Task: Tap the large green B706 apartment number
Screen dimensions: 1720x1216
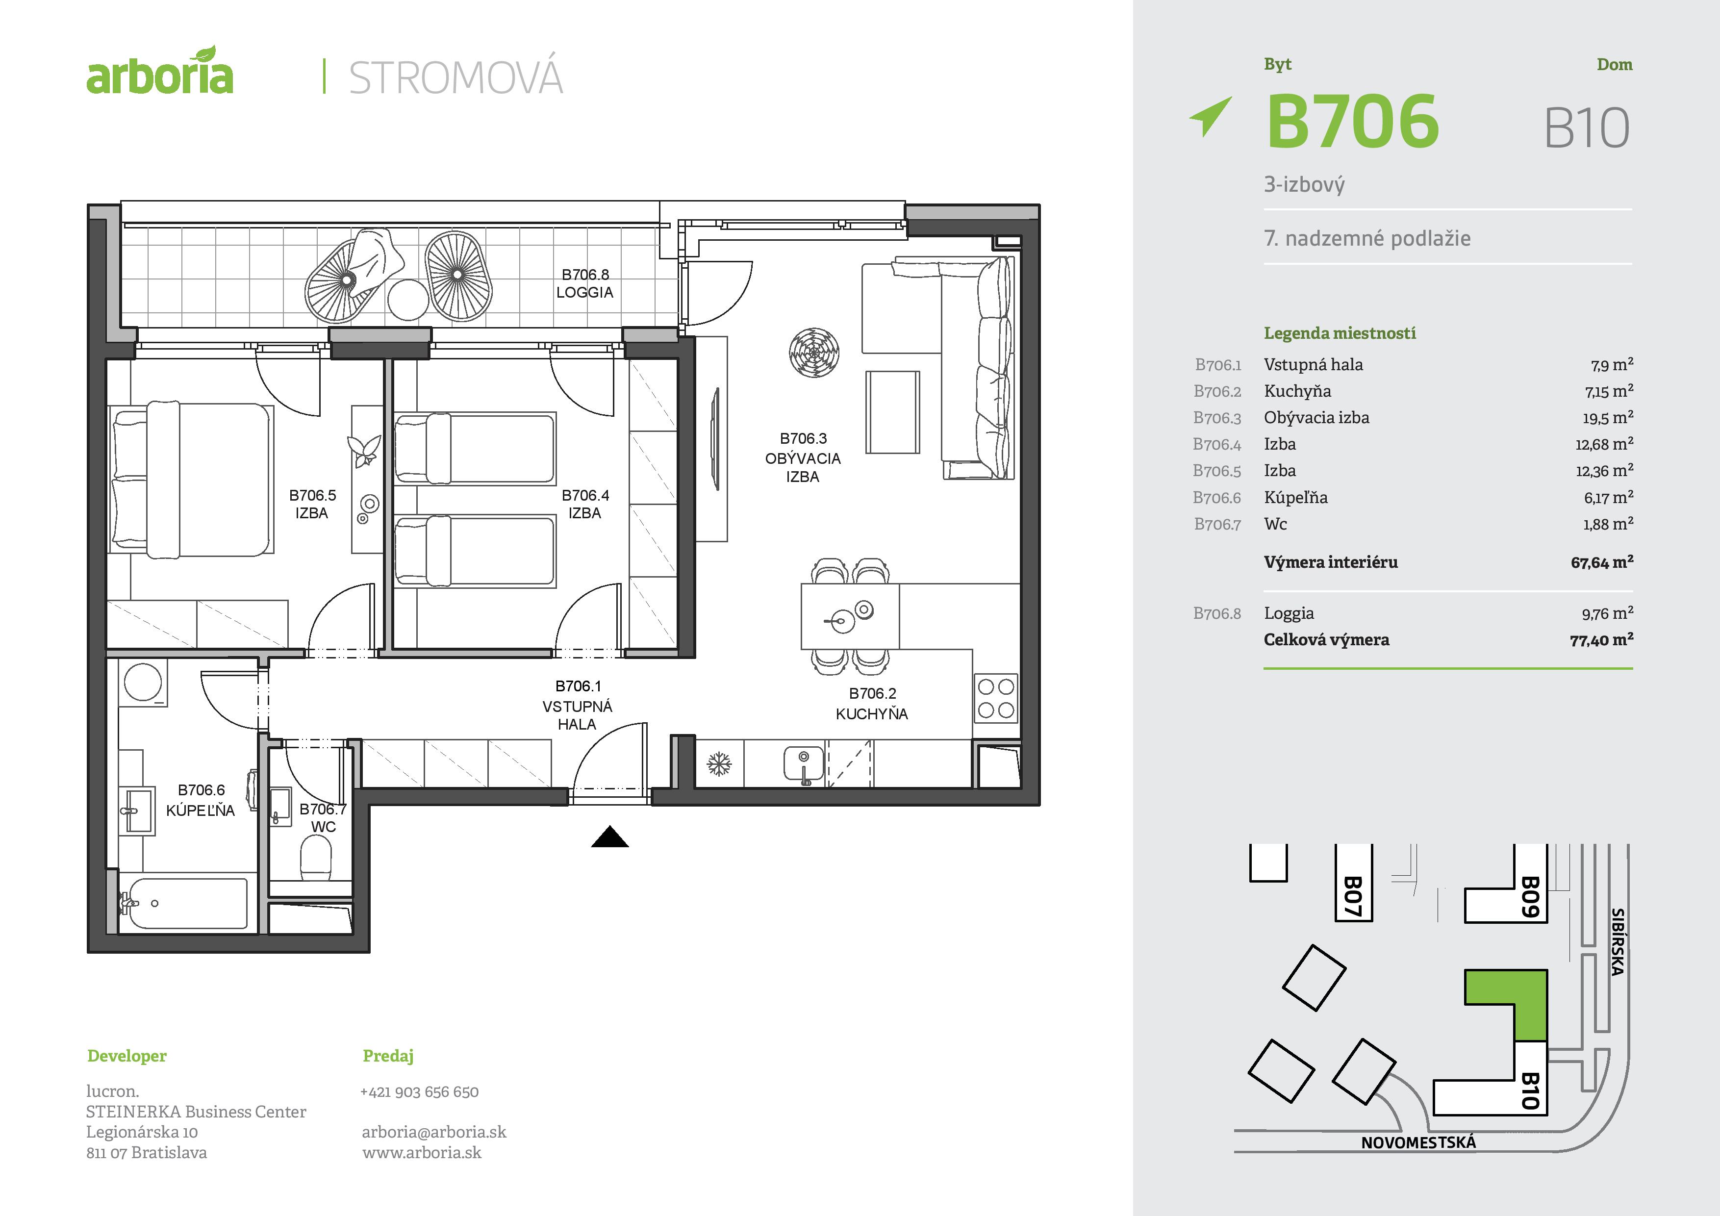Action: pyautogui.click(x=1352, y=121)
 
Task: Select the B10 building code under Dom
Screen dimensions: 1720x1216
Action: pyautogui.click(x=1587, y=128)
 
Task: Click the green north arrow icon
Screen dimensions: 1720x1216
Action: pyautogui.click(x=1211, y=116)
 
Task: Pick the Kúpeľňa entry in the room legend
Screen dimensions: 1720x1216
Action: pyautogui.click(x=1295, y=498)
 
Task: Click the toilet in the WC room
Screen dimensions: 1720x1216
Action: pyautogui.click(x=315, y=859)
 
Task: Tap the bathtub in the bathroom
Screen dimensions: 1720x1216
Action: pyautogui.click(x=184, y=904)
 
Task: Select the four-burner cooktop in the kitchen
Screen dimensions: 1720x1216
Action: pyautogui.click(x=996, y=698)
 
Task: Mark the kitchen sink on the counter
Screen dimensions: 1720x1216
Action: pyautogui.click(x=804, y=765)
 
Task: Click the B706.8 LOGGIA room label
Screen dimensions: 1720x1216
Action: pyautogui.click(x=585, y=284)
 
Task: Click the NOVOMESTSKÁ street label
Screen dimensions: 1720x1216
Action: pyautogui.click(x=1418, y=1142)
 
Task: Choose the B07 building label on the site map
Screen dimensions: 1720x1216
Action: pyautogui.click(x=1352, y=897)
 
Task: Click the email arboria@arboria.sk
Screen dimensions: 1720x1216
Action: pyautogui.click(x=434, y=1132)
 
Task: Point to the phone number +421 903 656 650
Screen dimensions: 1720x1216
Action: pyautogui.click(x=420, y=1091)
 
